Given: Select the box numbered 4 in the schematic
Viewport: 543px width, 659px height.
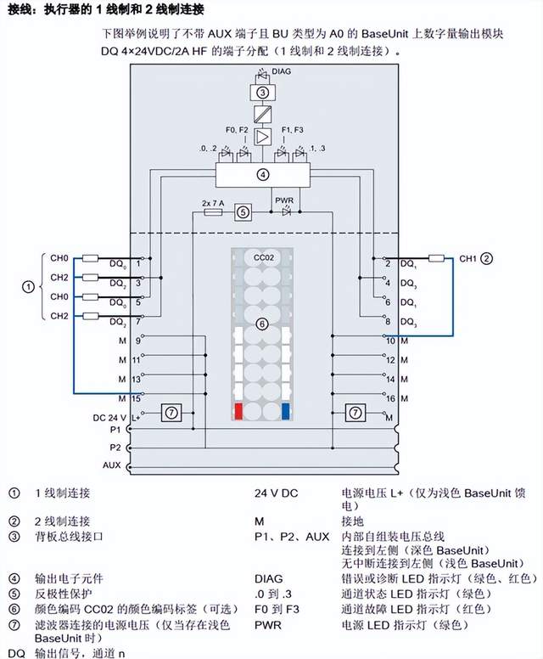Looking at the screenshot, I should tap(263, 175).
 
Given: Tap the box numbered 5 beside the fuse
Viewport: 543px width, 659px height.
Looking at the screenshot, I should tap(243, 212).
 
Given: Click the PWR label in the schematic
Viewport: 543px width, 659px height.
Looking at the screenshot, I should tap(283, 200).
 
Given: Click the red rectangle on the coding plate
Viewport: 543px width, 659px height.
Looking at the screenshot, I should tap(239, 412).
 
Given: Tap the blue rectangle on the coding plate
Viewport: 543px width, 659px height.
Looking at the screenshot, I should tap(285, 412).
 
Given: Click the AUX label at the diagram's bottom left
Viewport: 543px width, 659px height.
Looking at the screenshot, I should tap(111, 465).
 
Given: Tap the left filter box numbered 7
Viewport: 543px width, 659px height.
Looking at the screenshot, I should tap(171, 413).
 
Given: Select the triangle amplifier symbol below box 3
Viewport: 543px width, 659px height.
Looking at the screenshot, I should tap(263, 137).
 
